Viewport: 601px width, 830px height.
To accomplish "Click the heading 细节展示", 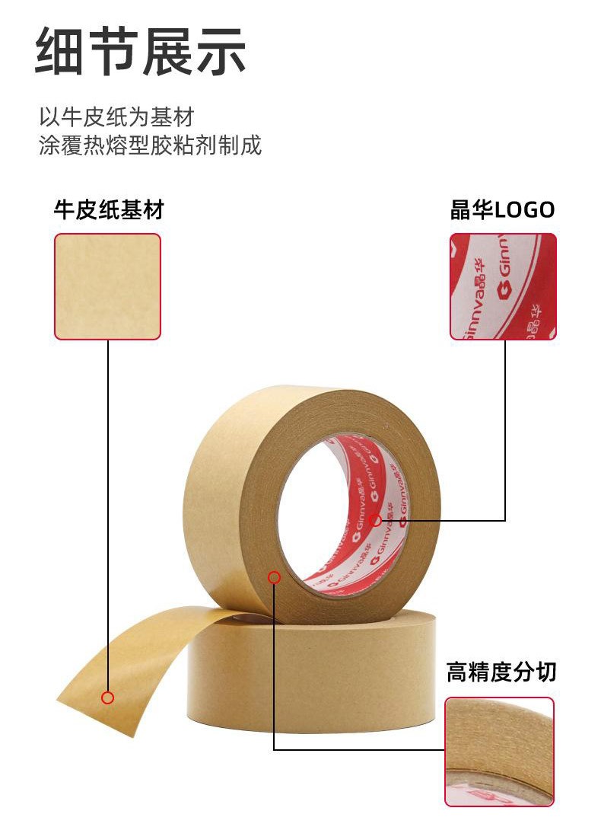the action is pyautogui.click(x=140, y=51).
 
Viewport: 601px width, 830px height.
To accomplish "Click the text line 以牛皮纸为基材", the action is pyautogui.click(x=117, y=117).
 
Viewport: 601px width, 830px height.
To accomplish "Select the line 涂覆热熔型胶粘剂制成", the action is pyautogui.click(x=151, y=145).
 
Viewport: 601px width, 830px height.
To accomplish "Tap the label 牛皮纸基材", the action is pyautogui.click(x=109, y=210).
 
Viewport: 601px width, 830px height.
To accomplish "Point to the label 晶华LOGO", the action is pyautogui.click(x=502, y=209).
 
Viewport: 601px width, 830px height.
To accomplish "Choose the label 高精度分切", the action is pyautogui.click(x=501, y=672).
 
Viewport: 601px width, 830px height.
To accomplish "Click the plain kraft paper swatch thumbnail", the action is pyautogui.click(x=107, y=286).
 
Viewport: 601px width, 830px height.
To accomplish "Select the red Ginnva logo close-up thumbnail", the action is pyautogui.click(x=503, y=286).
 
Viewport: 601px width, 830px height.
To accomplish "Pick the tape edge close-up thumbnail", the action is pyautogui.click(x=499, y=752).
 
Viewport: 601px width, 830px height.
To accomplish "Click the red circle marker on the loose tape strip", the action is pyautogui.click(x=107, y=698).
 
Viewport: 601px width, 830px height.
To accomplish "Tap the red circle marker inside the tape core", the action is pyautogui.click(x=376, y=520).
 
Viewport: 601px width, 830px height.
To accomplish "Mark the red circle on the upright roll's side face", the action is pyautogui.click(x=274, y=577).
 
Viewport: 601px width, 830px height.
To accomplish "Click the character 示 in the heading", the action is pyautogui.click(x=221, y=51).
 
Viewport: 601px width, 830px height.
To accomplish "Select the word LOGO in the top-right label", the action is pyautogui.click(x=524, y=210).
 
